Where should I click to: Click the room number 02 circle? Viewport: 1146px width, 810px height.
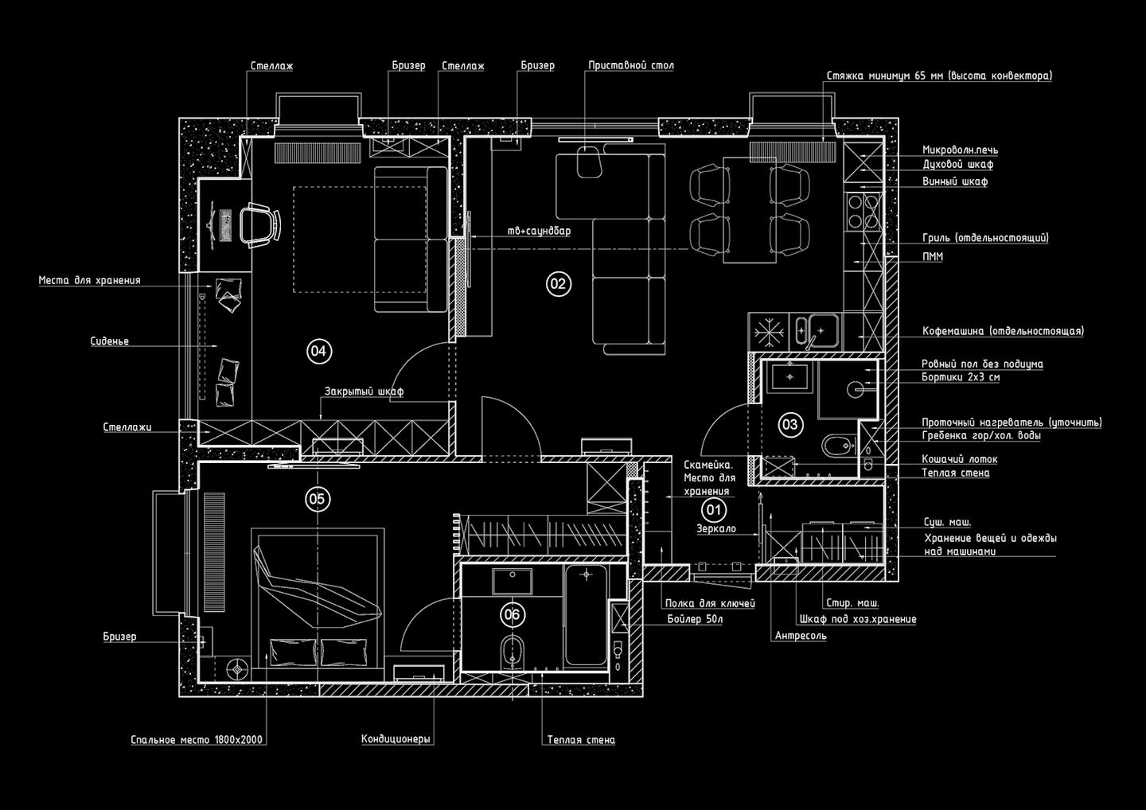point(558,283)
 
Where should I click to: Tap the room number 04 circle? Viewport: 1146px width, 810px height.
point(318,351)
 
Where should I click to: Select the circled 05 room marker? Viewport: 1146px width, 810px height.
point(317,499)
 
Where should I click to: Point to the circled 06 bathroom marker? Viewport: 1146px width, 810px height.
point(512,614)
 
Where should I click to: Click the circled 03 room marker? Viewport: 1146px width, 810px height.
point(789,425)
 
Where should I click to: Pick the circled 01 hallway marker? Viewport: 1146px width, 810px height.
point(713,510)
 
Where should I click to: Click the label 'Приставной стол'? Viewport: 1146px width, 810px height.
point(630,65)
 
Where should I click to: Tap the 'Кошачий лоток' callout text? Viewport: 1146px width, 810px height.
point(959,459)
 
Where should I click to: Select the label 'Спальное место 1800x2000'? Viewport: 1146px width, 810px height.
point(197,740)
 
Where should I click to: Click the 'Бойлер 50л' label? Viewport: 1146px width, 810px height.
point(694,619)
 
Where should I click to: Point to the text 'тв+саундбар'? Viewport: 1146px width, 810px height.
point(539,231)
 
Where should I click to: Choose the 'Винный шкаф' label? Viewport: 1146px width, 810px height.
point(955,181)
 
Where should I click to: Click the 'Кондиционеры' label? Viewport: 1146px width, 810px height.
point(396,739)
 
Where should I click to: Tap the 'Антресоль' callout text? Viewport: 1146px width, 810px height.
point(801,636)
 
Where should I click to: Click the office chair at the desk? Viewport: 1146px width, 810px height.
point(260,223)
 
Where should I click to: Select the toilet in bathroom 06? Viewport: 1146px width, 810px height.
point(511,652)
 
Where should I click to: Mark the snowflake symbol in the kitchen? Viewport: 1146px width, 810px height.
point(768,330)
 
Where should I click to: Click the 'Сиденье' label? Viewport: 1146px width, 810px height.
point(109,341)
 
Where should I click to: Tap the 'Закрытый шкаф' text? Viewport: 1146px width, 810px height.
point(364,391)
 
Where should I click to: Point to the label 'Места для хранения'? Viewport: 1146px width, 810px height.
point(89,280)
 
